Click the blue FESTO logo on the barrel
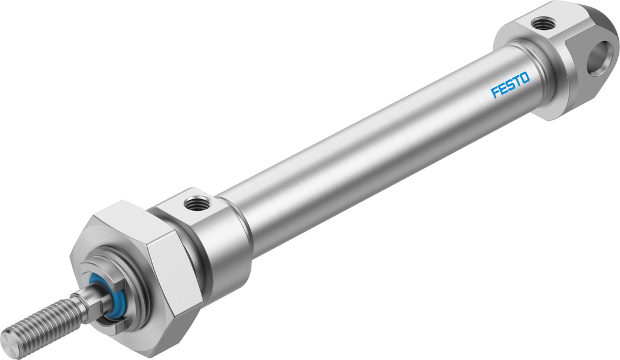(510, 85)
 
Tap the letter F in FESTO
(495, 92)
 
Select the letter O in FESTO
(525, 78)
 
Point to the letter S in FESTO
(510, 85)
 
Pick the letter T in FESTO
(517, 82)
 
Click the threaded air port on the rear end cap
(540, 23)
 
